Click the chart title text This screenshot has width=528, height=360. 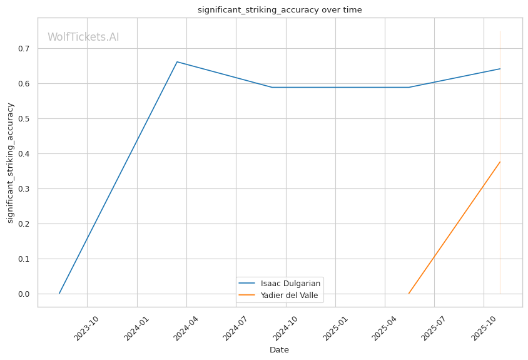coord(280,10)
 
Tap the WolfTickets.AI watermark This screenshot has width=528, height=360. coord(83,37)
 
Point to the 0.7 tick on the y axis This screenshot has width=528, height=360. coord(24,49)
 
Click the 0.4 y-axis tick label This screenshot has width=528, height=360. coord(24,154)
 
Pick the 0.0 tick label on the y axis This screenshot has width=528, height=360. coord(24,294)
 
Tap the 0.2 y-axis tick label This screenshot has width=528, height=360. coord(24,224)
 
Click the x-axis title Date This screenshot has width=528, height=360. coord(279,350)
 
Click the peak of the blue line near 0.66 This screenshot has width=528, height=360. coord(177,62)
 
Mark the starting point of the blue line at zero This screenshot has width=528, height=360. coord(59,293)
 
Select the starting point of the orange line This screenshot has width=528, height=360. coord(409,293)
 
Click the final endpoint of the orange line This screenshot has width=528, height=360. coord(500,162)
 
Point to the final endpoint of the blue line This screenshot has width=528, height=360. coord(500,69)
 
